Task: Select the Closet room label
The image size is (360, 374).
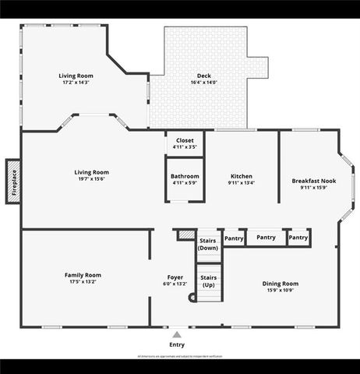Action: [x=185, y=140]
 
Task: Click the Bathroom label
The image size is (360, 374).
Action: [x=185, y=176]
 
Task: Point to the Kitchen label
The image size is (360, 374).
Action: [x=242, y=176]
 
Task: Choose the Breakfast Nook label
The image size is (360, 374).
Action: [x=314, y=180]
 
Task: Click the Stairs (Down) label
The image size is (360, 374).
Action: [x=208, y=244]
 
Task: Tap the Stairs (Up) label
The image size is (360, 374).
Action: [x=208, y=280]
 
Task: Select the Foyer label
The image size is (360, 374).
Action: [x=175, y=277]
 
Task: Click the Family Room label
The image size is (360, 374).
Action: [x=83, y=274]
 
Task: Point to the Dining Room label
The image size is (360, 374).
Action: [x=280, y=284]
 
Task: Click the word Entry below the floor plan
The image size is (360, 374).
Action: [x=178, y=344]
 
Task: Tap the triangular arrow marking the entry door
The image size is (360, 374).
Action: [x=177, y=333]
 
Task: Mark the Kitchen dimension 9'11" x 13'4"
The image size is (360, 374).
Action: [x=242, y=183]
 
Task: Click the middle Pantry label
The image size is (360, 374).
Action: [x=266, y=238]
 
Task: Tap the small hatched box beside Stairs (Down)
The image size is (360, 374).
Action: [x=185, y=234]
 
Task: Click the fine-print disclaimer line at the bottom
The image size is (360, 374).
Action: [x=179, y=355]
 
